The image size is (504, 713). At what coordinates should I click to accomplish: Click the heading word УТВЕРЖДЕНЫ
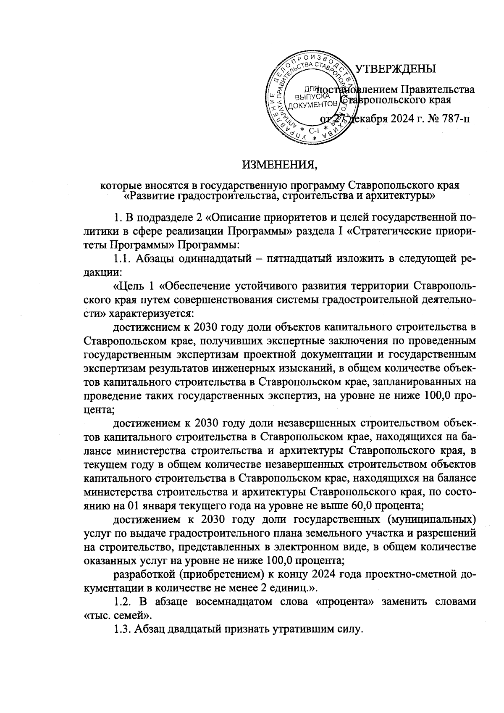tap(395, 68)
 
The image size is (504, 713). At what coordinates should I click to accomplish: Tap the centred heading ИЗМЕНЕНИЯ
tap(279, 165)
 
